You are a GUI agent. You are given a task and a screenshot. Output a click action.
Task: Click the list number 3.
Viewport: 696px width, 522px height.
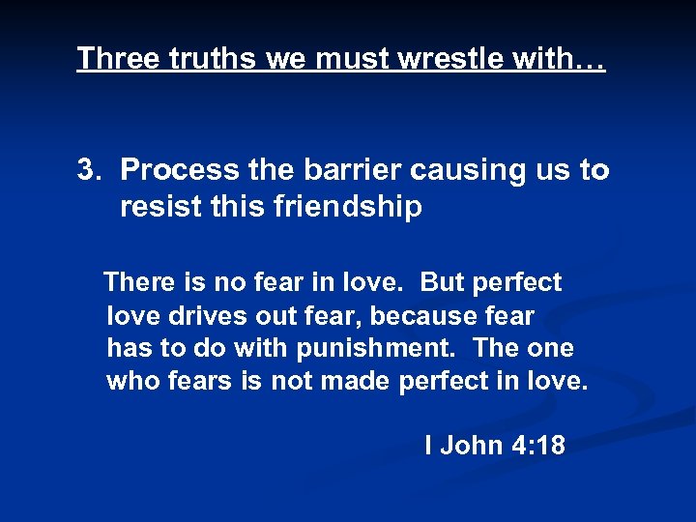pos(89,170)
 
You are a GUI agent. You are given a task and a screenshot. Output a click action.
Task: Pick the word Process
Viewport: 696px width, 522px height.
pos(180,170)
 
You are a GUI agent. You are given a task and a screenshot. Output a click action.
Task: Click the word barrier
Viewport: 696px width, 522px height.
pos(352,170)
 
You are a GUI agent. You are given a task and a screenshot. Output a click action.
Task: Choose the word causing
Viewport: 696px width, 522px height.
pos(470,170)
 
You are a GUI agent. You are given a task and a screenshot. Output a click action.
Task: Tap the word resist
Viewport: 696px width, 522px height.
pos(158,207)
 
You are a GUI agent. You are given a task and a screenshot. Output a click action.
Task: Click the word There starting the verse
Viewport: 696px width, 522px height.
pos(137,282)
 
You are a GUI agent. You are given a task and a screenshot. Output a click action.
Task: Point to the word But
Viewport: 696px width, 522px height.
pos(443,282)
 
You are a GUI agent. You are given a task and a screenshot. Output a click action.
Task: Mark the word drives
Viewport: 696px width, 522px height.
pos(198,315)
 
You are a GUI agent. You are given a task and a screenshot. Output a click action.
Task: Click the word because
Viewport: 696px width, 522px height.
pos(424,315)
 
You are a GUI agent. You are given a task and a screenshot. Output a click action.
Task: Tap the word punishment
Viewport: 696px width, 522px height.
pos(371,348)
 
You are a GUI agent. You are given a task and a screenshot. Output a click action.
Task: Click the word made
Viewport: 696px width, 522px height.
pos(355,381)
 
